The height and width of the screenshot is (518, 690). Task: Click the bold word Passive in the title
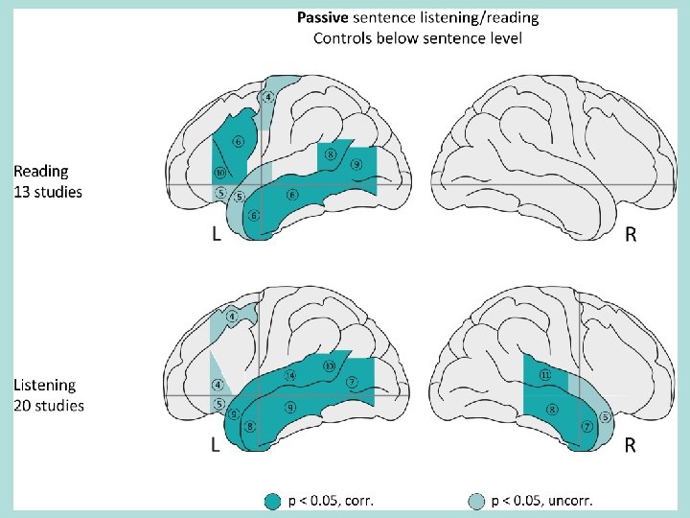pos(323,17)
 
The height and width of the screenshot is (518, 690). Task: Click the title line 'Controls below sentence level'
pos(418,38)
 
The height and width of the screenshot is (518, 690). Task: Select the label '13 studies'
pos(48,192)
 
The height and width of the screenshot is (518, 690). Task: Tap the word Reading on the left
pos(41,171)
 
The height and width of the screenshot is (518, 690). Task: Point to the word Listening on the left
pos(44,385)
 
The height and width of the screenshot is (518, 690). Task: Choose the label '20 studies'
pos(49,406)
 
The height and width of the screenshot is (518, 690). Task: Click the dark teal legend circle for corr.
pos(273,500)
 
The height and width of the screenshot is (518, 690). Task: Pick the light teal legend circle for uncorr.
pos(476,500)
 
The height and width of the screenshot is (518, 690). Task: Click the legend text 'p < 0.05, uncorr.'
pos(542,500)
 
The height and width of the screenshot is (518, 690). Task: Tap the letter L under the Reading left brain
pos(218,233)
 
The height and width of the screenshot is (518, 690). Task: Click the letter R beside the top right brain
pos(630,233)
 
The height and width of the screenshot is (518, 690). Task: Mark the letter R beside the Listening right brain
pos(630,445)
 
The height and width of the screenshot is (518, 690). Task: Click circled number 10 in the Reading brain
pos(219,174)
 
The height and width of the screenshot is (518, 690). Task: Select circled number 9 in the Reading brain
pos(356,165)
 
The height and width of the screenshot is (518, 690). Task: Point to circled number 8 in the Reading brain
pos(331,153)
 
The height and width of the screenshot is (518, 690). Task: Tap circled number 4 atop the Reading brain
pos(269,96)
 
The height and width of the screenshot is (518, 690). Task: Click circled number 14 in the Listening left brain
pos(291,375)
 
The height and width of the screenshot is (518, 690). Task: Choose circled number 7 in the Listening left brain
pos(353,382)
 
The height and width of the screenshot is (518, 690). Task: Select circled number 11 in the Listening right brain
pos(544,374)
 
